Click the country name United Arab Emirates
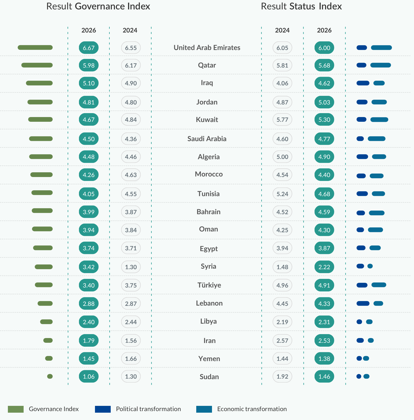[x=207, y=48]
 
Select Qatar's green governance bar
[x=37, y=65]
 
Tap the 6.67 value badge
[x=89, y=48]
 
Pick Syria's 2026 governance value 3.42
[x=89, y=267]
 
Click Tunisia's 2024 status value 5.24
[x=282, y=194]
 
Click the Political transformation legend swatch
[x=103, y=409]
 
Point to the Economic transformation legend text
[x=252, y=409]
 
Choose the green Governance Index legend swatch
[x=16, y=409]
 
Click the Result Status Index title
[x=301, y=6]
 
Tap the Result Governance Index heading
[x=98, y=6]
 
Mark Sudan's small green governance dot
[x=50, y=376]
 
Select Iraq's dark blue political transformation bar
[x=363, y=83]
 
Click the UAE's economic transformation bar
[x=381, y=48]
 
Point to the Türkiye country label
[x=209, y=285]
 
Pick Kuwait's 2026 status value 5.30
[x=324, y=120]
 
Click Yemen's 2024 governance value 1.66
[x=131, y=358]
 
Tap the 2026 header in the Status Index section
[x=324, y=30]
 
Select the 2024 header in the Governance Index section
[x=130, y=30]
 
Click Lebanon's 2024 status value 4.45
[x=282, y=303]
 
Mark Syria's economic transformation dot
[x=370, y=266]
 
